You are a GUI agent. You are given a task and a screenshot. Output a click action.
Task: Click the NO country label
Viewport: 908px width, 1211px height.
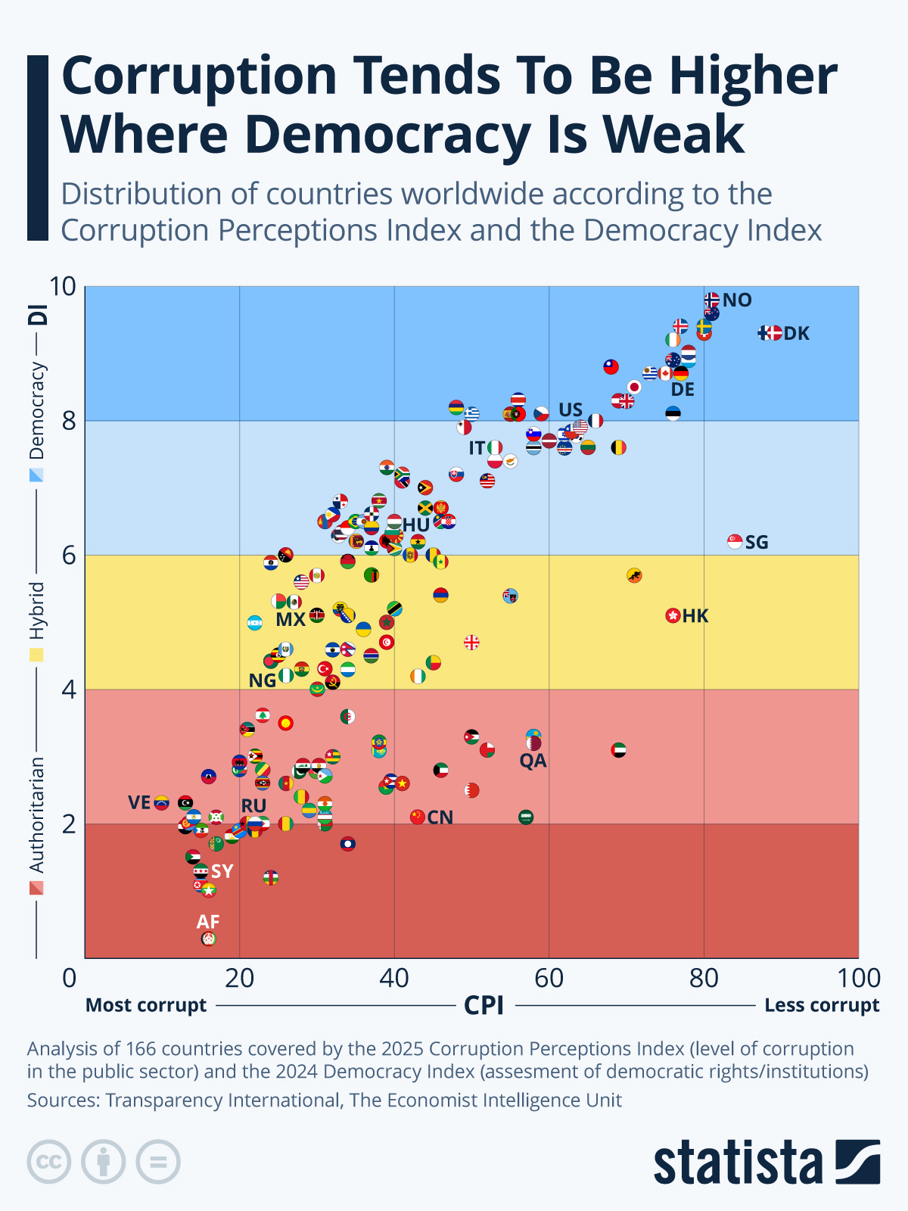(x=737, y=300)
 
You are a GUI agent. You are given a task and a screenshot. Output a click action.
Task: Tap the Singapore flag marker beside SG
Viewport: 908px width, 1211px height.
(x=735, y=541)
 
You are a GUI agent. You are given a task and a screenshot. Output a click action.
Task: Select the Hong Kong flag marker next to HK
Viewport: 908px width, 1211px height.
(x=673, y=615)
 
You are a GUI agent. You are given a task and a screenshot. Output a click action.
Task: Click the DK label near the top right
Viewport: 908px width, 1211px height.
(x=796, y=334)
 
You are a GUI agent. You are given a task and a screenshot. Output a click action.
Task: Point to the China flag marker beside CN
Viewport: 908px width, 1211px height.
(x=418, y=817)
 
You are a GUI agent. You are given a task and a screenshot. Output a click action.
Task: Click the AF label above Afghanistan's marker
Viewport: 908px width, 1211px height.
(x=208, y=922)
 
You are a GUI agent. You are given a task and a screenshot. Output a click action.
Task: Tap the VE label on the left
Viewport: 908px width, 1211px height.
(x=139, y=802)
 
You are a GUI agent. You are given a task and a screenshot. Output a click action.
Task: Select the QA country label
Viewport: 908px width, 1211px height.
(x=533, y=761)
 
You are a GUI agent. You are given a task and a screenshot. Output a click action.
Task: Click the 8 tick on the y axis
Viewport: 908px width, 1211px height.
(x=69, y=421)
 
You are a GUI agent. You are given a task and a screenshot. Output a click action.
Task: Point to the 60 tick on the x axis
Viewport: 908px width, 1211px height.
(x=549, y=979)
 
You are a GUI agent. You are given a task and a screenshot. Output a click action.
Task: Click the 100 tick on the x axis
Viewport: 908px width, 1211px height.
(x=859, y=979)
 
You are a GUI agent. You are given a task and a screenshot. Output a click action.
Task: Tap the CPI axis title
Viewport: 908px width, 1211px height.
(x=484, y=1006)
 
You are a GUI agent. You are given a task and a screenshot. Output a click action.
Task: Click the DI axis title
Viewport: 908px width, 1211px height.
(x=38, y=314)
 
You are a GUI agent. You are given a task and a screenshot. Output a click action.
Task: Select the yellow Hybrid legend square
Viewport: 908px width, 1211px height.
(x=36, y=654)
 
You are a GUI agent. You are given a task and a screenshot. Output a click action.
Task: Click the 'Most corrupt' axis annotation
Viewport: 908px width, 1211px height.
(x=146, y=1005)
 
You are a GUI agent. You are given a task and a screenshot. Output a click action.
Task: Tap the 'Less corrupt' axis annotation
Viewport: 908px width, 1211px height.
(x=822, y=1005)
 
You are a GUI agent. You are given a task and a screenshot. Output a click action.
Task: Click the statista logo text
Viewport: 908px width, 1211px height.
(x=738, y=1163)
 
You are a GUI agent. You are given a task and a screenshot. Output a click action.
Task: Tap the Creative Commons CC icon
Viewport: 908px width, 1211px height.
(x=49, y=1162)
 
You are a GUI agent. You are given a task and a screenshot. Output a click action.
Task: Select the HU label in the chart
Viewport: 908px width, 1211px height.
(x=416, y=525)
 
